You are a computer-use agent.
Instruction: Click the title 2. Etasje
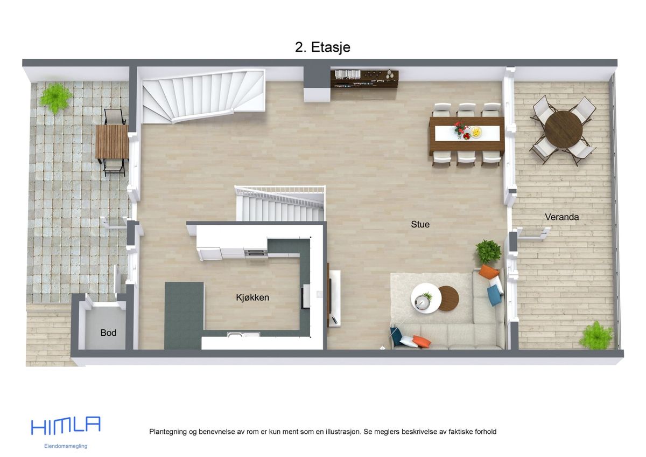point(322,47)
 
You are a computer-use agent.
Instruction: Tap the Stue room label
point(420,224)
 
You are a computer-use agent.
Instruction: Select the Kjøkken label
point(252,297)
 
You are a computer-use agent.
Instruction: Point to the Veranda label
point(561,217)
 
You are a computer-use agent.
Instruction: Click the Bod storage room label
point(108,333)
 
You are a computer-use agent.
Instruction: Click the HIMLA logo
point(66,425)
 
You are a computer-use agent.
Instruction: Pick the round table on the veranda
point(563,129)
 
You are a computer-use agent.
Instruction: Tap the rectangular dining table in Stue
point(466,133)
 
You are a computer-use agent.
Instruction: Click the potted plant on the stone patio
point(55,97)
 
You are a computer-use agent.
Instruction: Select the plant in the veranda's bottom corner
point(596,335)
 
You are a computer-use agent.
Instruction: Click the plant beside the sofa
point(488,251)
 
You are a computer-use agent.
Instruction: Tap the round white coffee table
point(425,297)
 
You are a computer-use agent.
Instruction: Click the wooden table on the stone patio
point(112,142)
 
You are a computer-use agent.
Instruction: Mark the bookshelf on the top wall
point(364,79)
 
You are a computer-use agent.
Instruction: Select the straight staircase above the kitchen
point(280,205)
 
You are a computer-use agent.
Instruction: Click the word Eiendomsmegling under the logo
point(66,446)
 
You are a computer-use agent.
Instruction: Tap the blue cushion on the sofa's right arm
point(494,295)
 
